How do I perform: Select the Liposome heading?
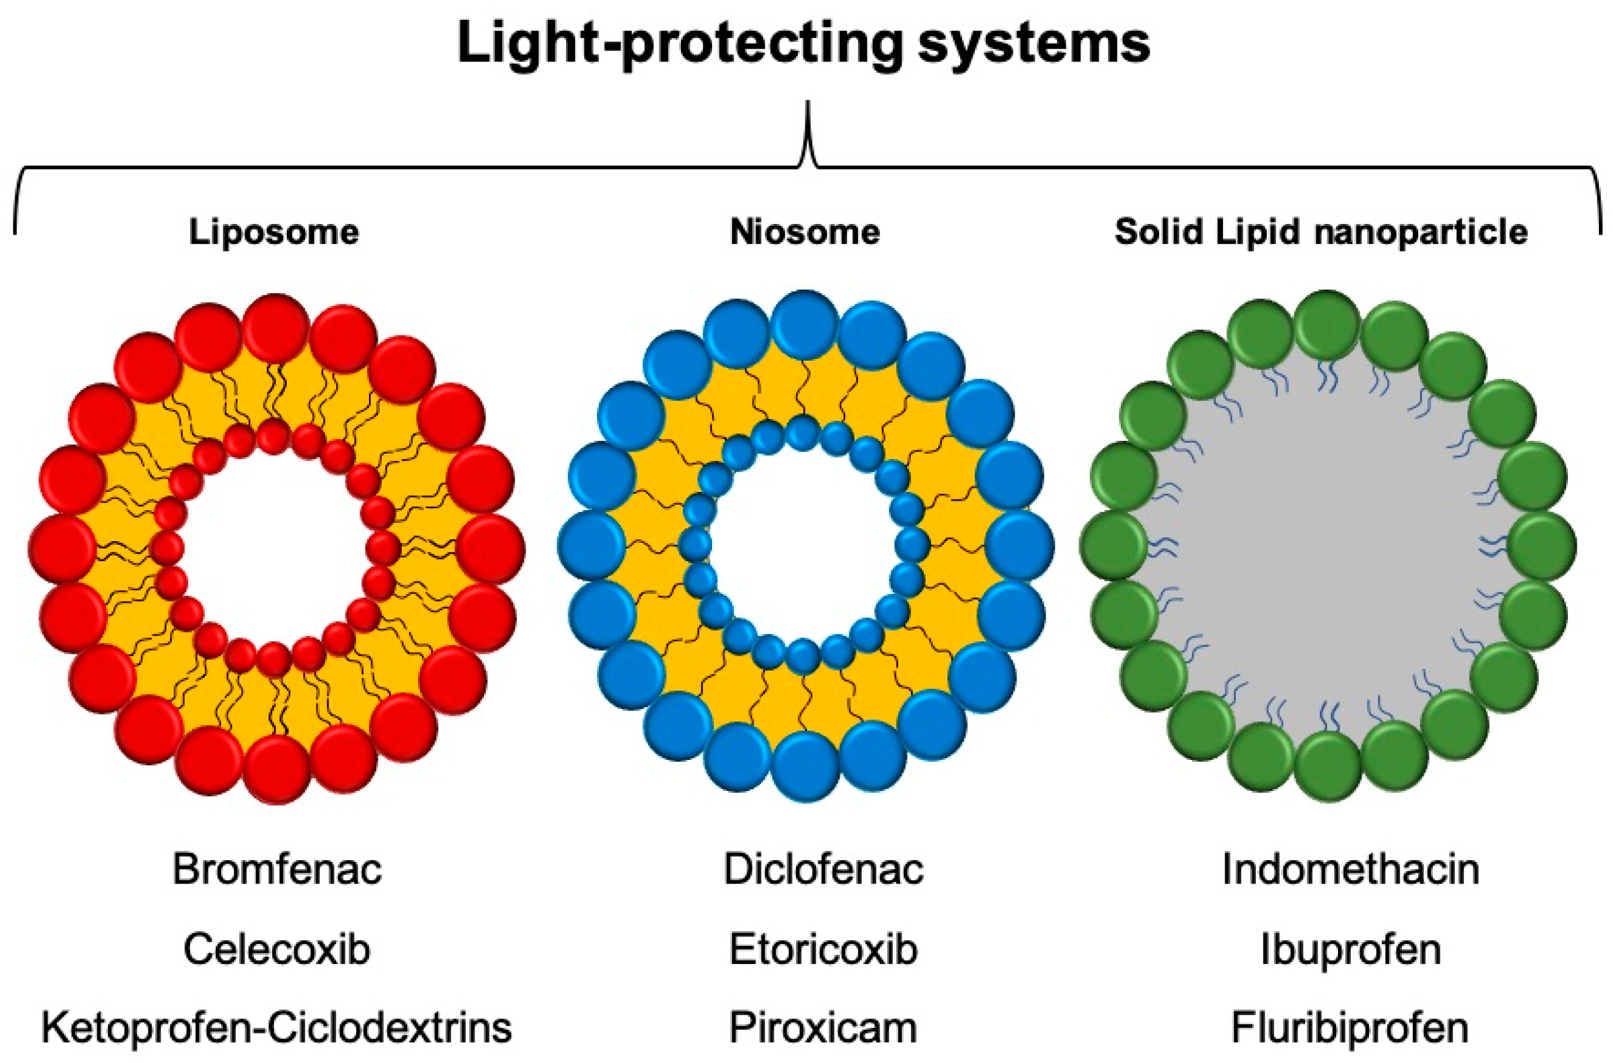(x=273, y=233)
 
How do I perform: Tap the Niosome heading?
(x=805, y=233)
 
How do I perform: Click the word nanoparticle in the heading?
(x=1421, y=233)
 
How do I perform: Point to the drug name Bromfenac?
(x=277, y=869)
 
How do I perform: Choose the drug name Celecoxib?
(x=277, y=949)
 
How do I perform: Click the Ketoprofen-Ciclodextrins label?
(x=277, y=1028)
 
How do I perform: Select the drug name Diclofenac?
(x=823, y=869)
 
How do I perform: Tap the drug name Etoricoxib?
(x=823, y=949)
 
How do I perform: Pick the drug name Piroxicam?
(x=823, y=1028)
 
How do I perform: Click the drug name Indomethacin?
(x=1351, y=869)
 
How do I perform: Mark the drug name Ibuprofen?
(x=1351, y=949)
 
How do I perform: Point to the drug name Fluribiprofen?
(x=1351, y=1028)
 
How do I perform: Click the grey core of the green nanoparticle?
(x=1329, y=546)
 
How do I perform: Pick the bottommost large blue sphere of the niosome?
(x=805, y=766)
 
